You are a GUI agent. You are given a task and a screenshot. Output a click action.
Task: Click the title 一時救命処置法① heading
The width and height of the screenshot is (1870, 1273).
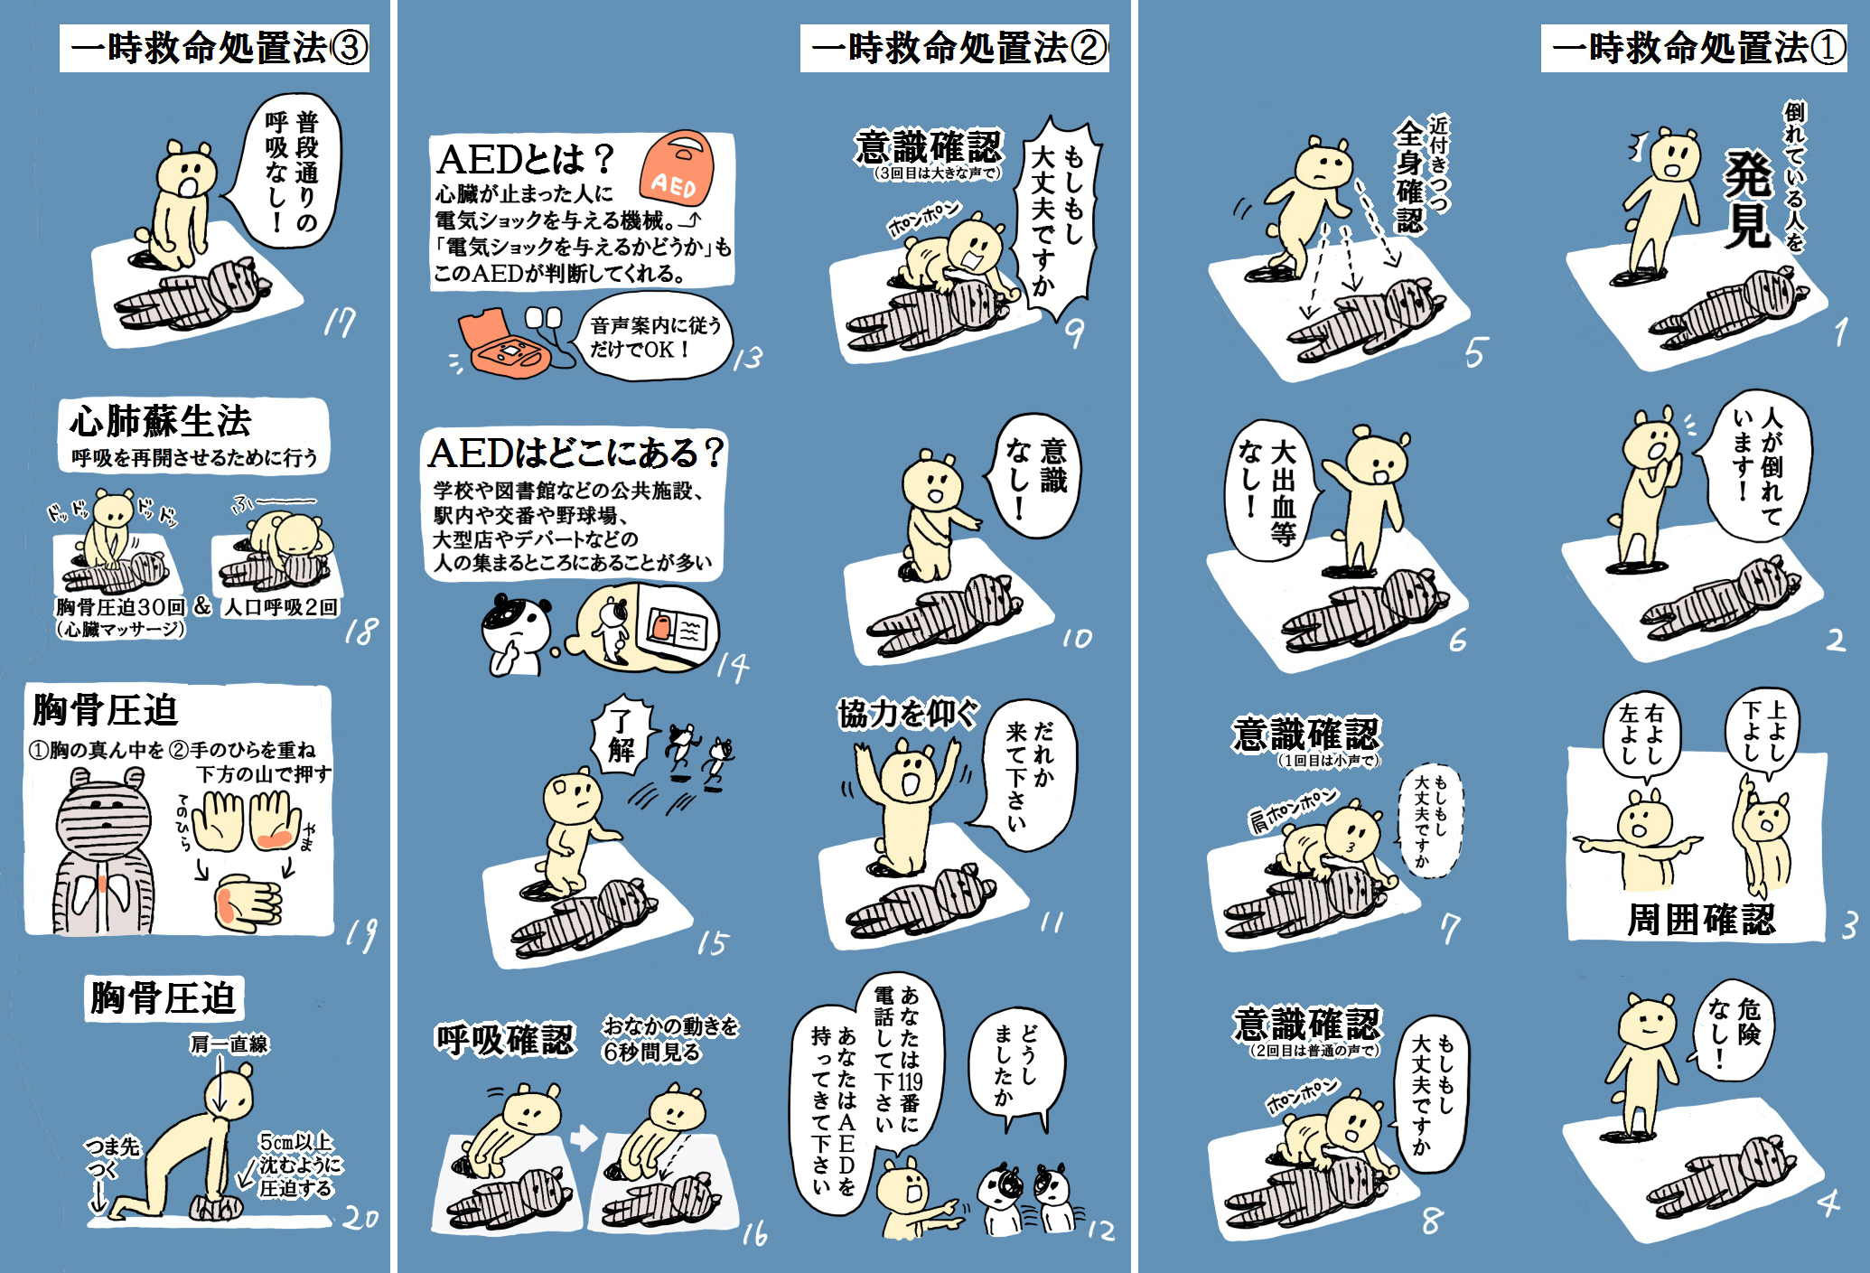point(1695,48)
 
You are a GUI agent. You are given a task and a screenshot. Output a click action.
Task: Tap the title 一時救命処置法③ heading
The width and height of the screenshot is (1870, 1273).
point(215,48)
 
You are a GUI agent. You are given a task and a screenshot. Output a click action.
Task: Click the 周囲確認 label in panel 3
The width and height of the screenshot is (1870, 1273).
point(1701,919)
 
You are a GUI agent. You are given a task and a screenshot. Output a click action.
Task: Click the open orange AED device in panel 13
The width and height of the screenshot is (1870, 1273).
point(501,342)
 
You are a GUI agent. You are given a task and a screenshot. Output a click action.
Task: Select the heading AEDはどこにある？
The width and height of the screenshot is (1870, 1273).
point(575,453)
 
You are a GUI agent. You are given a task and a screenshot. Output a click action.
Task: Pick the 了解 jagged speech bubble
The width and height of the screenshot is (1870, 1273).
point(621,735)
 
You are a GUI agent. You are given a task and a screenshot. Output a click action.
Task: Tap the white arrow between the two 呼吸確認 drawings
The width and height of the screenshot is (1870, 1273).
point(584,1137)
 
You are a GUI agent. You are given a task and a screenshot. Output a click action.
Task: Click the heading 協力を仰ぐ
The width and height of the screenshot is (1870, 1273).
point(907,714)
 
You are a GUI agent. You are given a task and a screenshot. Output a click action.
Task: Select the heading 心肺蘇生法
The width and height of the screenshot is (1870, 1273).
point(161,421)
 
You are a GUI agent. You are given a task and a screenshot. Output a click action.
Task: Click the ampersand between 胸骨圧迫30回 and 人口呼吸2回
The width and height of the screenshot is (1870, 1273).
point(202,605)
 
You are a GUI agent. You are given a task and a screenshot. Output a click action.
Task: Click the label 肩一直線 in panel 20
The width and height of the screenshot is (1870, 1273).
point(229,1044)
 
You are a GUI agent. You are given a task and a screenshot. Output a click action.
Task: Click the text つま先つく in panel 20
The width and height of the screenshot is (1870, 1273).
point(112,1157)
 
